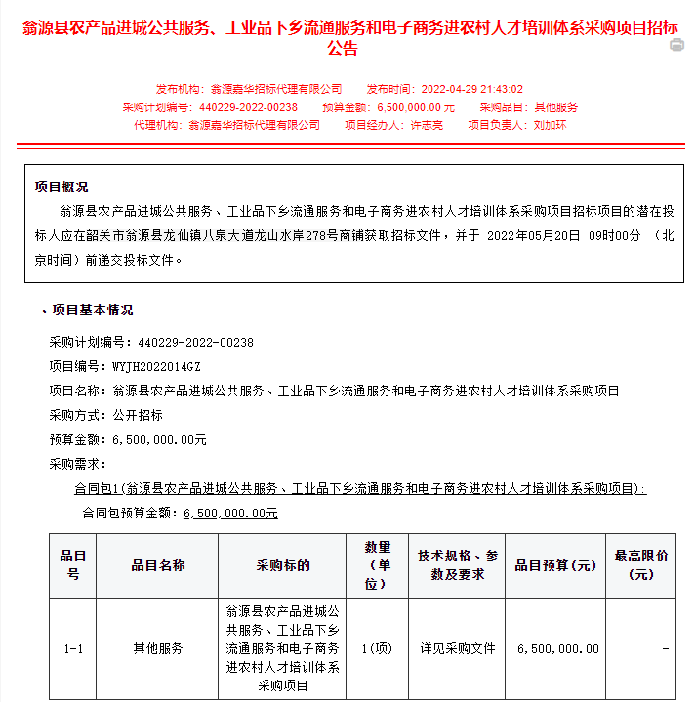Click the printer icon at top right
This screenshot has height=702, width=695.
pos(676,45)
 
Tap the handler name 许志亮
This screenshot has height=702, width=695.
pos(426,125)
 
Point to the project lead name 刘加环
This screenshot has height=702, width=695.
pos(551,125)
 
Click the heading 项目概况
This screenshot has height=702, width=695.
pos(61,186)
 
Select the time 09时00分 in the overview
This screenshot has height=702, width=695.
pos(615,236)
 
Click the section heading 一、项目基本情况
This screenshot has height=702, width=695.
pos(78,310)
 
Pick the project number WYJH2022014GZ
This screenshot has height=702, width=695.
pos(156,366)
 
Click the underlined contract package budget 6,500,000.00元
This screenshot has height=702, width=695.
pos(230,513)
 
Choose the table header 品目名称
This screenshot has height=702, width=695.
pos(158,565)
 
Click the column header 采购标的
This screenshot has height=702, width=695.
pos(283,565)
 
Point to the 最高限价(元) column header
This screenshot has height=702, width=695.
pos(641,565)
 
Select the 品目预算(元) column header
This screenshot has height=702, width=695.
pos(555,565)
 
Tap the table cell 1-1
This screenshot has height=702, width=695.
pos(72,648)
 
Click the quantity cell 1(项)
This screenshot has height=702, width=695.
pos(377,648)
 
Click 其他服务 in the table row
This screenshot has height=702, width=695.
pos(158,648)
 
